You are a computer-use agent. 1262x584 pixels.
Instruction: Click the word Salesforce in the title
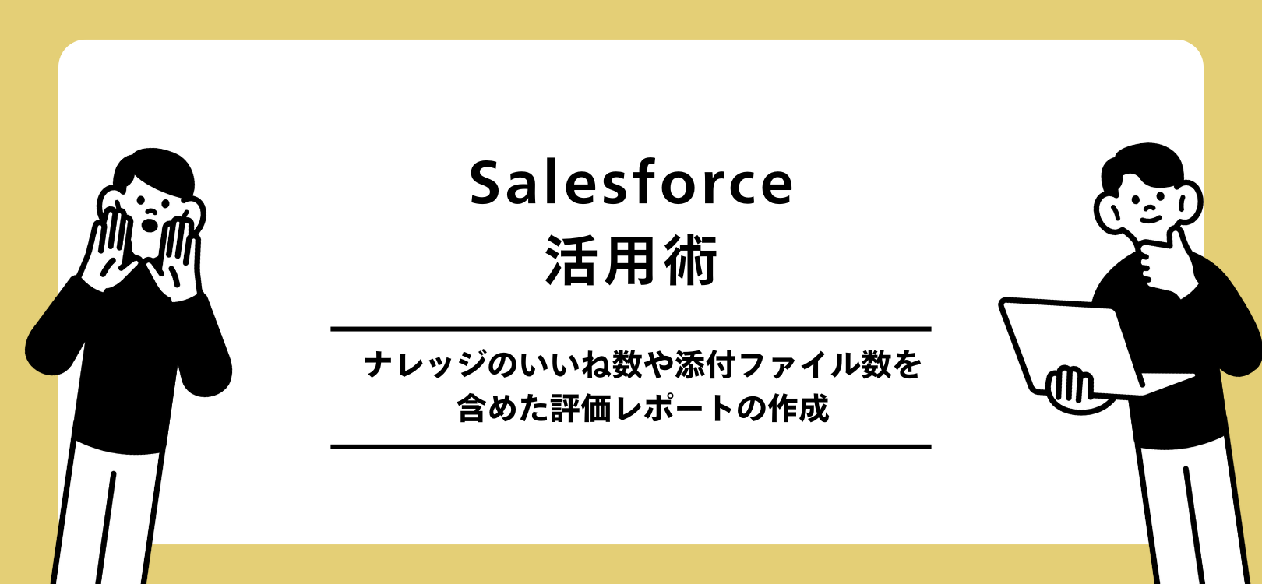pyautogui.click(x=631, y=184)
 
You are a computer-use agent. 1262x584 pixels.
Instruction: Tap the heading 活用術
pyautogui.click(x=631, y=261)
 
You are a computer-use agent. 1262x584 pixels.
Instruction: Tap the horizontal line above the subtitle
pyautogui.click(x=631, y=329)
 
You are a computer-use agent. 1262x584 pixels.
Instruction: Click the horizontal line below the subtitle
pyautogui.click(x=631, y=447)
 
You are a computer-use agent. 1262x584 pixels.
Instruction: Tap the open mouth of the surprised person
pyautogui.click(x=150, y=224)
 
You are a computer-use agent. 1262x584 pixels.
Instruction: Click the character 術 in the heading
pyautogui.click(x=691, y=261)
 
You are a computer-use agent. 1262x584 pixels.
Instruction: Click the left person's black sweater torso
pyautogui.click(x=129, y=358)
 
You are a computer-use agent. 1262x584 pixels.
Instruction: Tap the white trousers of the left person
pyautogui.click(x=109, y=514)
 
